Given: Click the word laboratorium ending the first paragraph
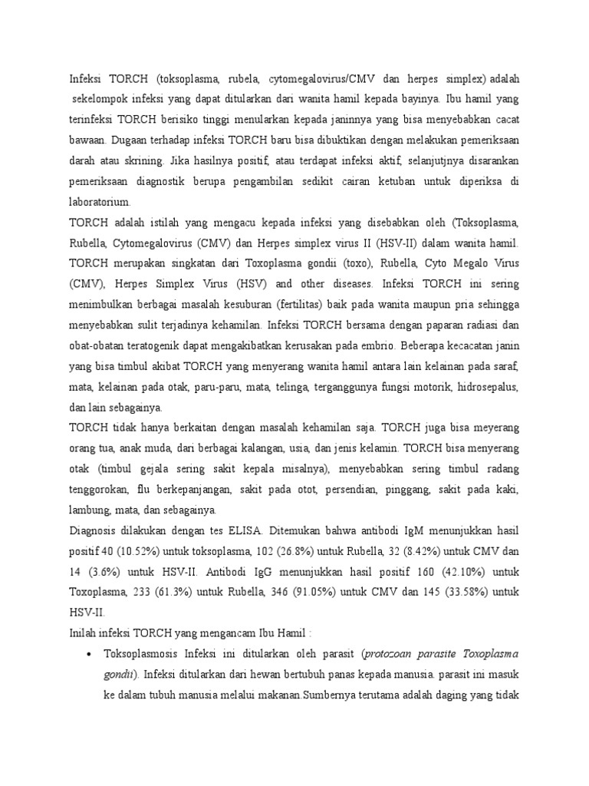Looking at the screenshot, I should tap(100, 202).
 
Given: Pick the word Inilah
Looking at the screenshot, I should tap(84, 633).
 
